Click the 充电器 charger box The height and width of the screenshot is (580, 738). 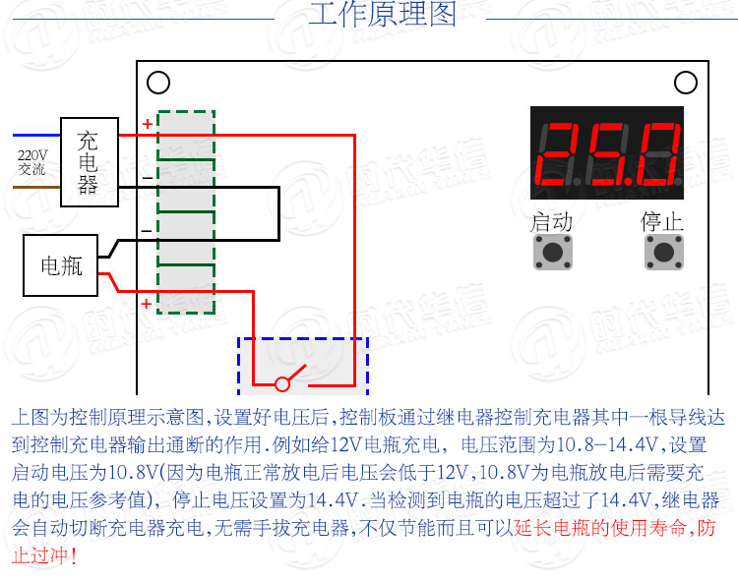(90, 161)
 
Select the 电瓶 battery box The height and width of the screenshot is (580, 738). (61, 265)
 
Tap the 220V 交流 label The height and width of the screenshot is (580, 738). (32, 162)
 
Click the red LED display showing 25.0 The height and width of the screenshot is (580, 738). (606, 155)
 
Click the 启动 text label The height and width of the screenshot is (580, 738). (551, 221)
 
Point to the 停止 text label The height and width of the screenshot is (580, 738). (662, 221)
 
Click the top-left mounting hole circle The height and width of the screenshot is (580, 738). (158, 84)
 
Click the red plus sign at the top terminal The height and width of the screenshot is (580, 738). (147, 124)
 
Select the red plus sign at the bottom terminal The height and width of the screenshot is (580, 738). (146, 304)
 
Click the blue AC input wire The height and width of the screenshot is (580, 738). (36, 135)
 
